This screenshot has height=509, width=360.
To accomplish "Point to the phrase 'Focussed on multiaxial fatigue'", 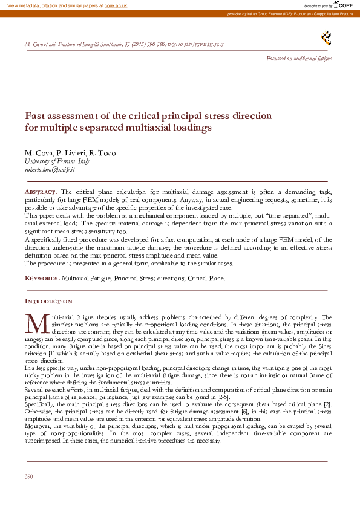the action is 299,59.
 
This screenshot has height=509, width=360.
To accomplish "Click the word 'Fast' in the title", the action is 34,116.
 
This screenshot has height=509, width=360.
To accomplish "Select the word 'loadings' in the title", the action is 192,128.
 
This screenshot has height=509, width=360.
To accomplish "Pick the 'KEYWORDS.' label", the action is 42,279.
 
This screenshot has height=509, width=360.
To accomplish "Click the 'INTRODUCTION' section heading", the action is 48,301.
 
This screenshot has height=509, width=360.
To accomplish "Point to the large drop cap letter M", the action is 37,324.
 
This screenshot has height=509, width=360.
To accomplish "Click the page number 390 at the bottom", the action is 28,477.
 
